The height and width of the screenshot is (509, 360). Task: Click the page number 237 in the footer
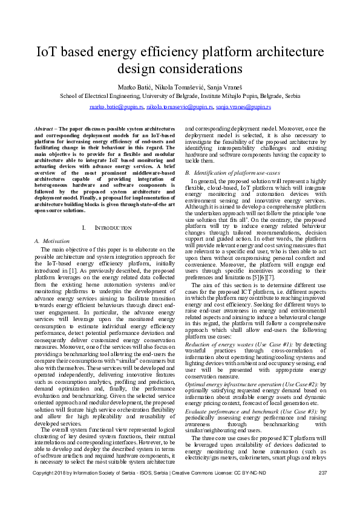(322, 489)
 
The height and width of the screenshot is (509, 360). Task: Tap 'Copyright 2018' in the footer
(51, 489)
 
